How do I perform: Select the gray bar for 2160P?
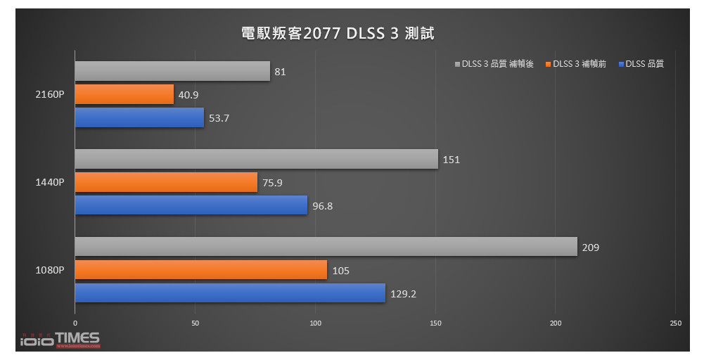pos(172,71)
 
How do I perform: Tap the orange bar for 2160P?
pos(124,94)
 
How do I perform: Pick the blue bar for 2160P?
pos(139,117)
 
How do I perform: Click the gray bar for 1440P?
pos(256,159)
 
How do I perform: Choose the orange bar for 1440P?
pos(166,182)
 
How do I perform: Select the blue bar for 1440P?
pos(191,205)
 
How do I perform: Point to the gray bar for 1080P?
pos(326,247)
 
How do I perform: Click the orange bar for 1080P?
pos(200,270)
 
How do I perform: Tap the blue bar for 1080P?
pos(230,293)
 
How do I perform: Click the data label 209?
pos(590,247)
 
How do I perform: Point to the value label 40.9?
pos(188,95)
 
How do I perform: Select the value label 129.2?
pos(404,294)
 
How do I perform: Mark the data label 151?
pos(451,160)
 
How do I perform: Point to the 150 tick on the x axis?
pos(435,323)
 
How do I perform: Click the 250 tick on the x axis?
pos(675,323)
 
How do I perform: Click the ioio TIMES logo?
pos(59,340)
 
